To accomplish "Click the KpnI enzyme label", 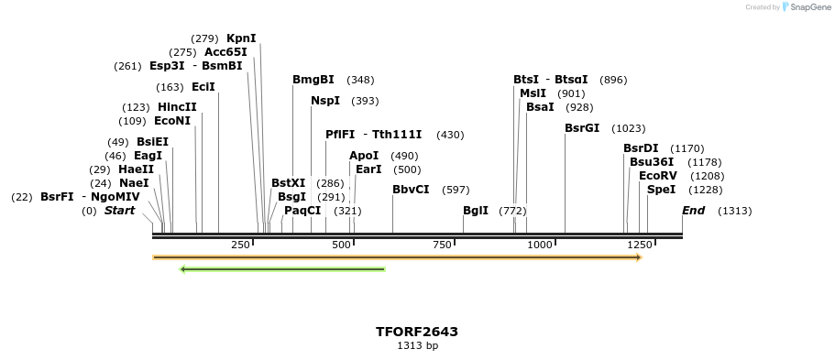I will coord(241,38).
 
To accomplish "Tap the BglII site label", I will coord(476,211).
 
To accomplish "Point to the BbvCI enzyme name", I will coord(411,190).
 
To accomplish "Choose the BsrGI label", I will coord(582,128).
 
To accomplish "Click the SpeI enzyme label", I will coord(661,190).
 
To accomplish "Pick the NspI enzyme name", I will coord(325,101).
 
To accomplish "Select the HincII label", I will coord(177,107).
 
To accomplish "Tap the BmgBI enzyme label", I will coord(313,80).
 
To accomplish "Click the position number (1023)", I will coord(629,128).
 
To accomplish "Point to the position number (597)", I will coord(456,190).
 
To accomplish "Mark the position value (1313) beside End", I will coord(734,211).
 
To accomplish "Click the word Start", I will coord(119,211).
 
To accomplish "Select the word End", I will coord(694,211).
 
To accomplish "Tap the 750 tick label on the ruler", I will coord(443,245).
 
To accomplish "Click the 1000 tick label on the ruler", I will coord(540,245).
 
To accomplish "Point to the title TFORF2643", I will coord(417,332).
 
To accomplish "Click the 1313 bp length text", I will coord(417,346).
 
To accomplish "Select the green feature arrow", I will coord(282,269).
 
